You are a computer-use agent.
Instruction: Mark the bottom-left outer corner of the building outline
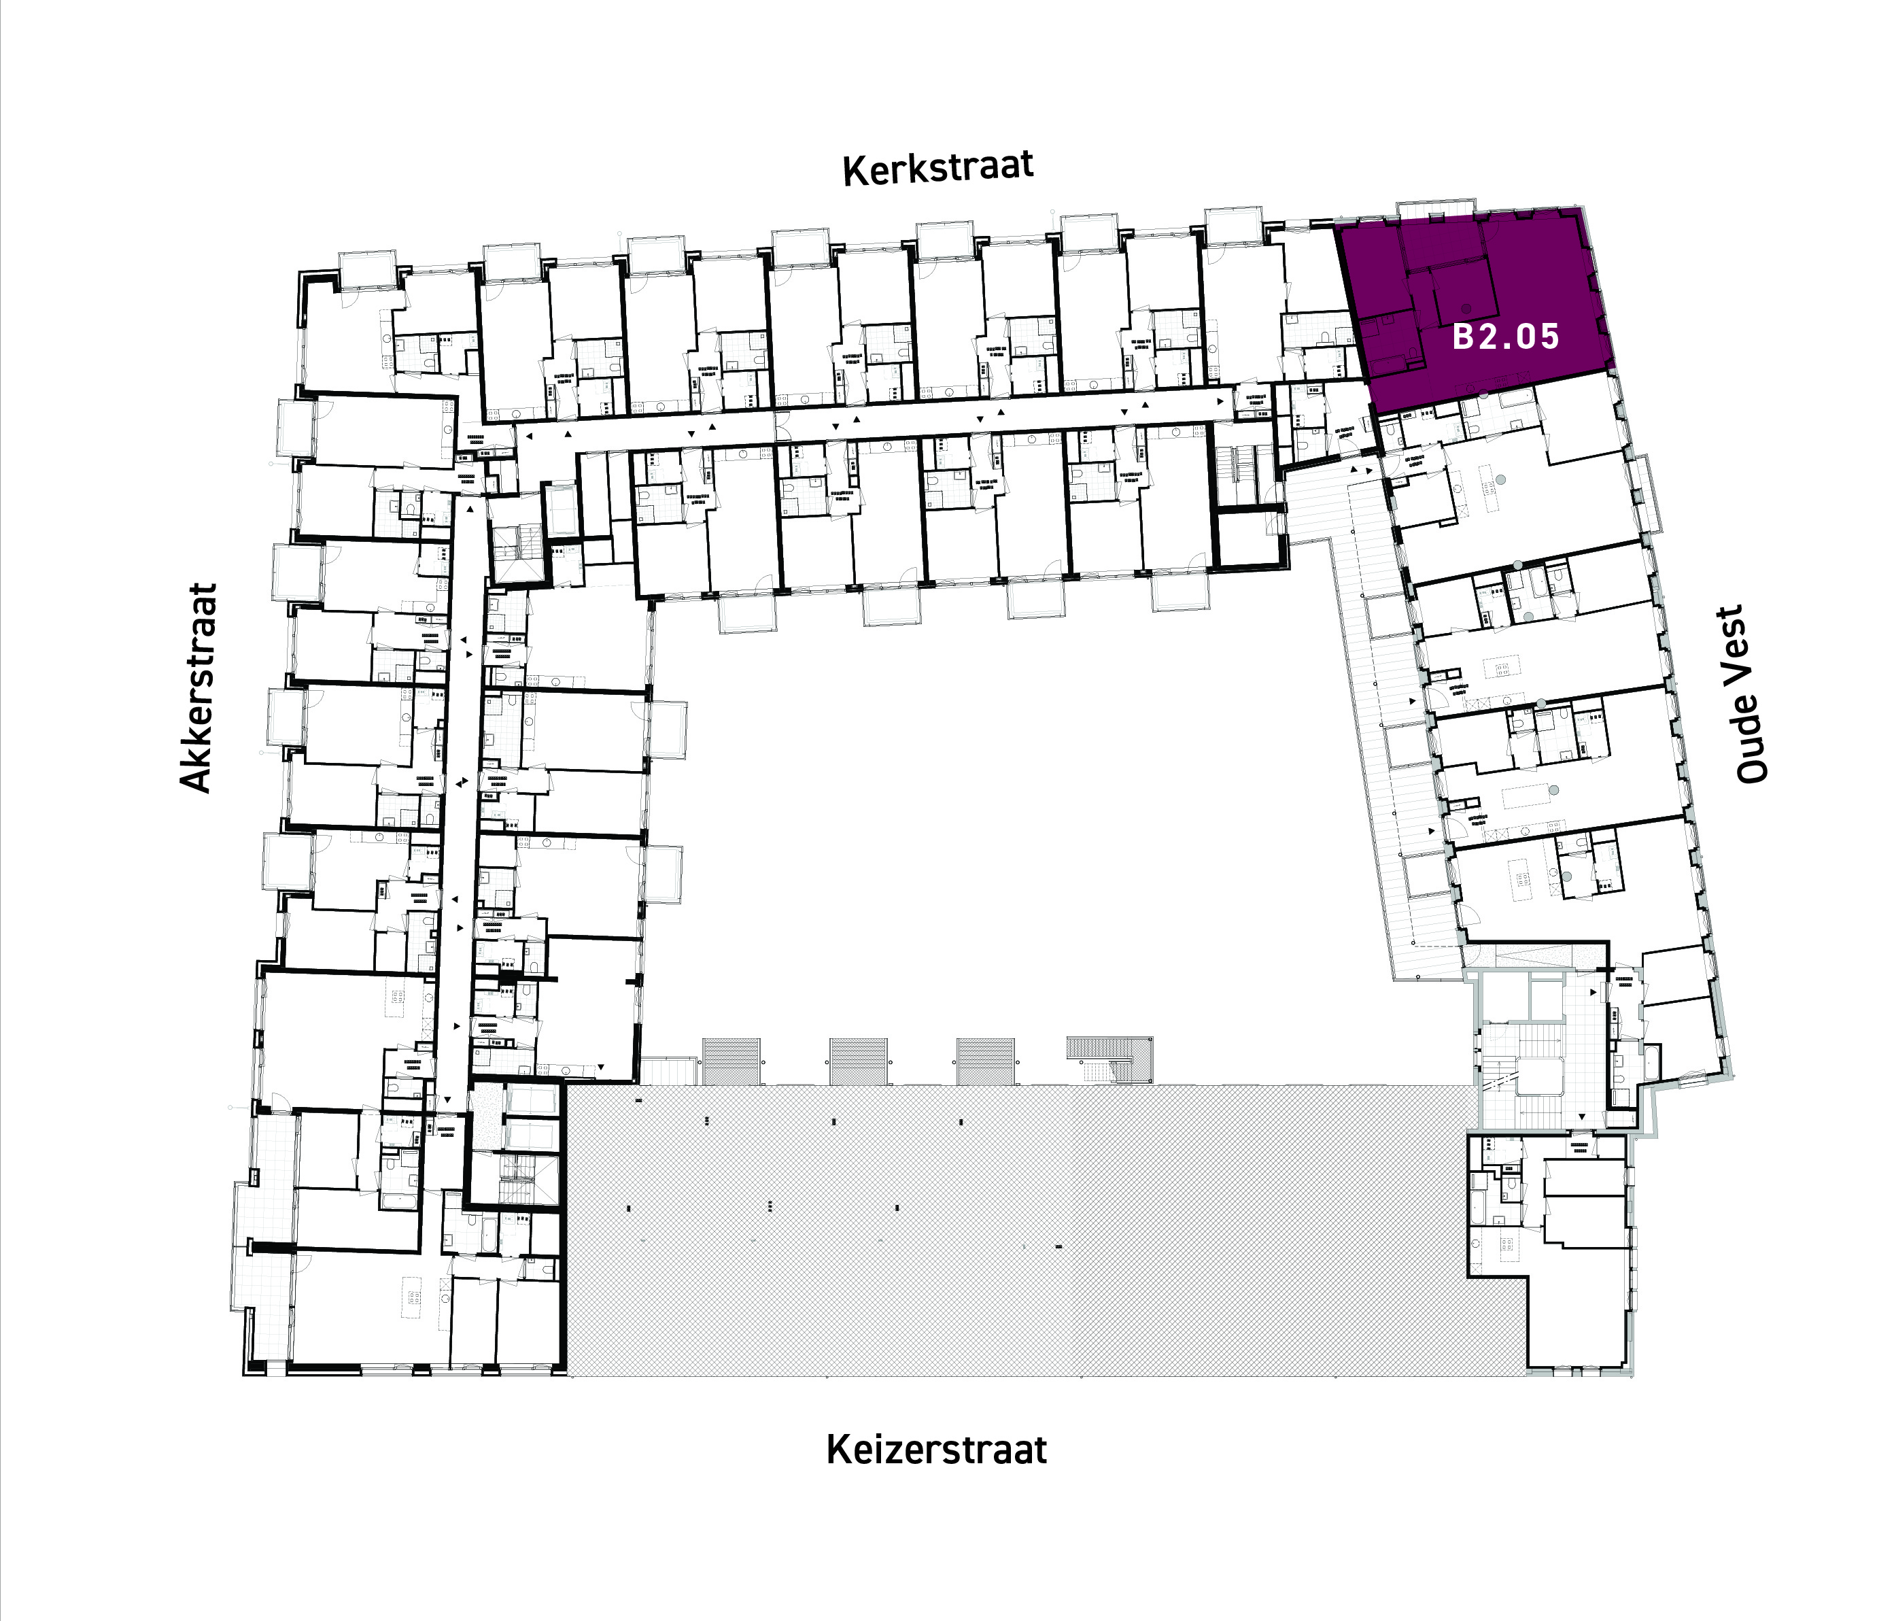[x=243, y=1376]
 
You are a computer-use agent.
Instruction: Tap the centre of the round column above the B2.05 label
[x=1466, y=307]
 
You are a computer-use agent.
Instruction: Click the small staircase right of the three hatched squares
[x=1111, y=1060]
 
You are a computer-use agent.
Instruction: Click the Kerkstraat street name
[x=937, y=169]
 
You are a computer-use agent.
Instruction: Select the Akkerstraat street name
[x=197, y=687]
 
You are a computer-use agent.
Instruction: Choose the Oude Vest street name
[x=1752, y=694]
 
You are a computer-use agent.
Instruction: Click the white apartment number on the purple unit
[x=1506, y=337]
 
